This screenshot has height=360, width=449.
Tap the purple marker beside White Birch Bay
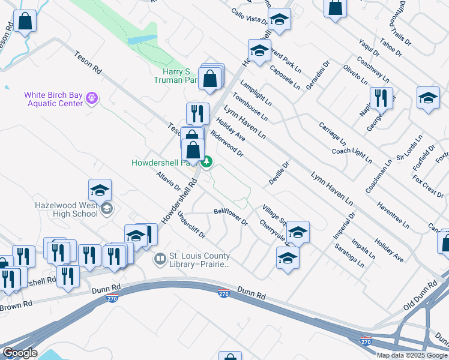tap(91, 97)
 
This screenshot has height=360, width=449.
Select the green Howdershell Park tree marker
tap(206, 161)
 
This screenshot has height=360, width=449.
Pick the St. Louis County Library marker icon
tap(160, 259)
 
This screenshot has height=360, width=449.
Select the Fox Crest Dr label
tap(428, 186)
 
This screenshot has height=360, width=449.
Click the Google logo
tap(20, 353)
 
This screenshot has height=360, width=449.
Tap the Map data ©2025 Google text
tap(411, 355)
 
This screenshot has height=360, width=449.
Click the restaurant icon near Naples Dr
tap(380, 98)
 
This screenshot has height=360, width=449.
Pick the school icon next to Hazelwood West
tap(100, 190)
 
